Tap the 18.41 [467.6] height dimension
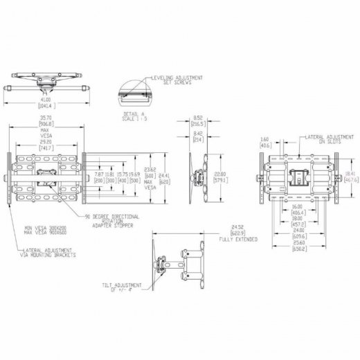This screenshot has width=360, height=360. pos(351,176)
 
